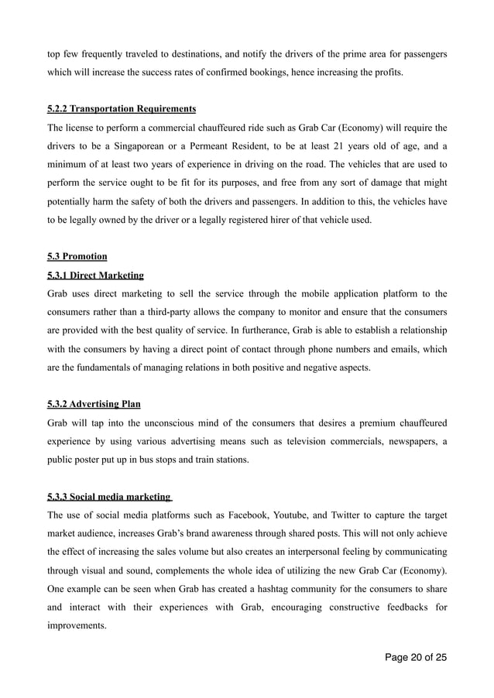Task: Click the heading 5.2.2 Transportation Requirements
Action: point(122,108)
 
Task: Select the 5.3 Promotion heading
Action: point(77,256)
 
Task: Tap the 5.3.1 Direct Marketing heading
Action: point(95,275)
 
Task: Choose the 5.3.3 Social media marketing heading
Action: point(109,497)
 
